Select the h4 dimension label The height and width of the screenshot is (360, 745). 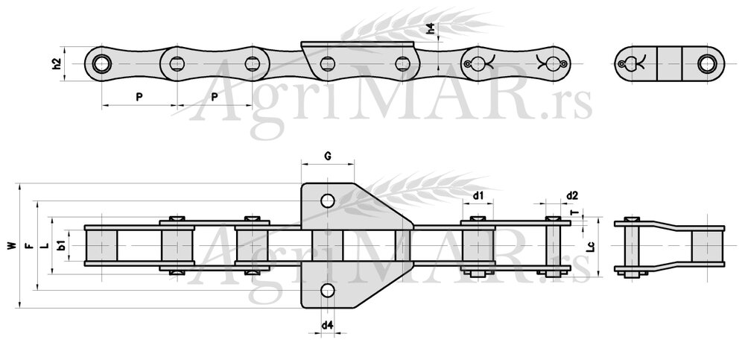click(431, 31)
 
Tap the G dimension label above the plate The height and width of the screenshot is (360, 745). click(328, 156)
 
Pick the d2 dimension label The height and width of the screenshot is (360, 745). click(571, 195)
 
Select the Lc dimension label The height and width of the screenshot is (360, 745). click(589, 245)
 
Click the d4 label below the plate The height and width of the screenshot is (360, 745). click(328, 325)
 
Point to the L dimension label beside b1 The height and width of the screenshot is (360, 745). click(45, 244)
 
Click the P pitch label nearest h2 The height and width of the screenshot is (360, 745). click(139, 96)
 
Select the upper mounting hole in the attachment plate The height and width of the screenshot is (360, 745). click(328, 200)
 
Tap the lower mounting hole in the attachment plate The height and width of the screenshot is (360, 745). click(328, 289)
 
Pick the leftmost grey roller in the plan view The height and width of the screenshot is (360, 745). click(102, 244)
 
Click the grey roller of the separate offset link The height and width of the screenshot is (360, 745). click(706, 245)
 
